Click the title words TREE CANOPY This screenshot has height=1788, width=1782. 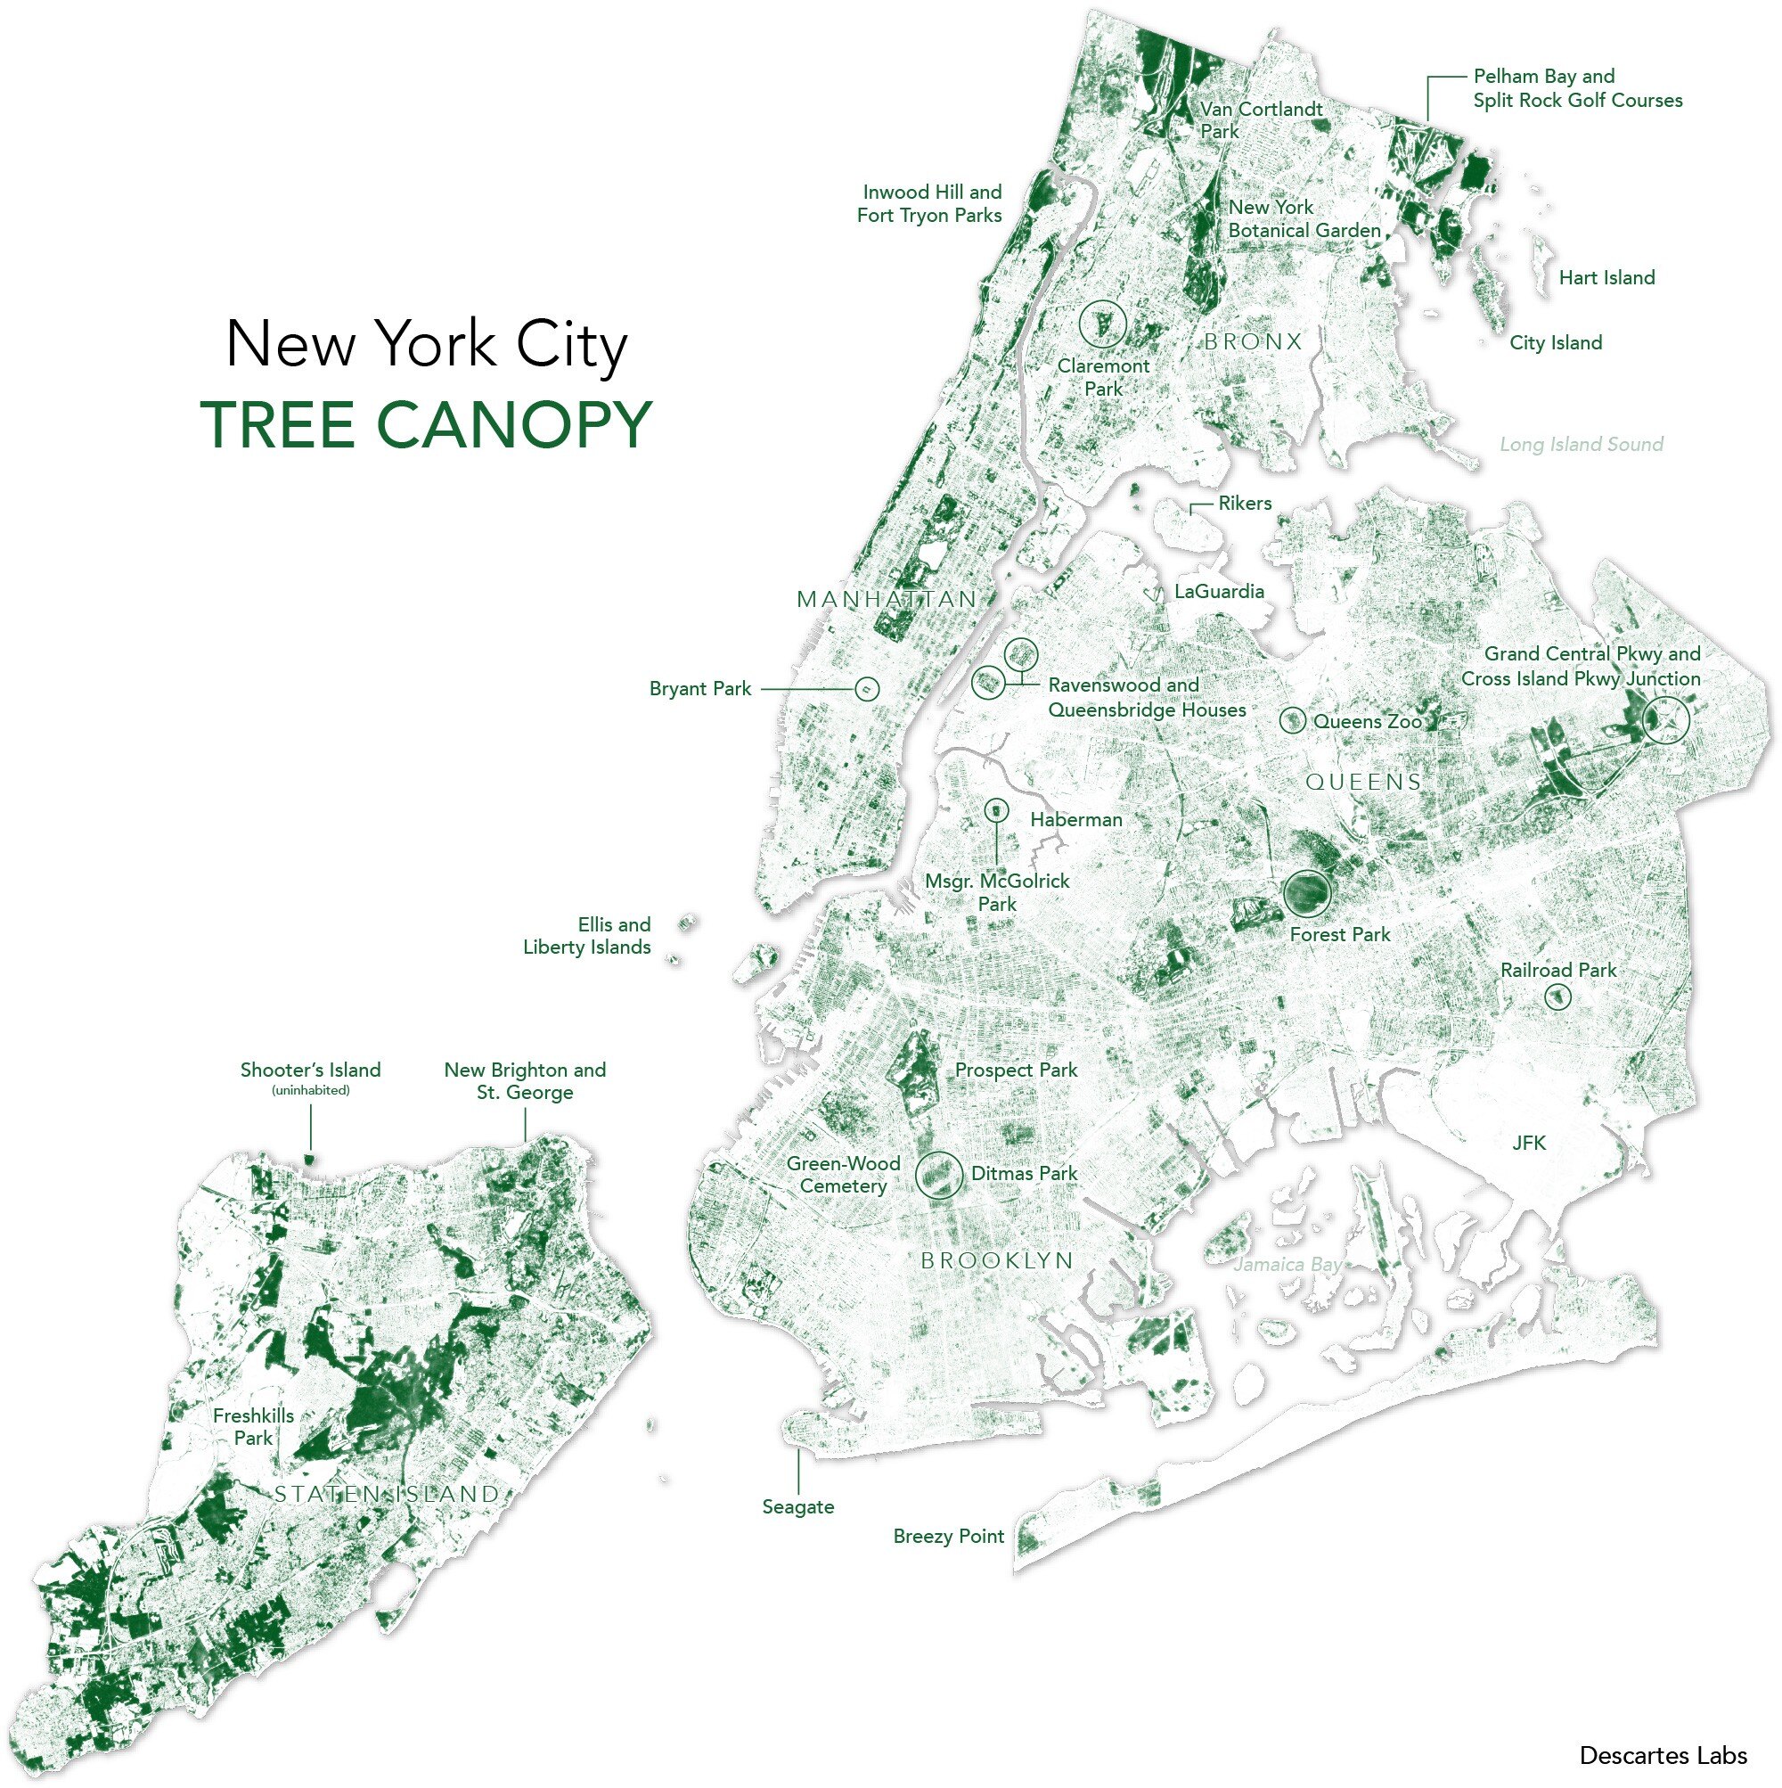click(427, 425)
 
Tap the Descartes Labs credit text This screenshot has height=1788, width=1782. click(1663, 1755)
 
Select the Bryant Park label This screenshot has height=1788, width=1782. click(699, 688)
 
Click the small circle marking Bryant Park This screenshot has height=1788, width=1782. click(866, 688)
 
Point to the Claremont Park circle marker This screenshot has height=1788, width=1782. click(1102, 324)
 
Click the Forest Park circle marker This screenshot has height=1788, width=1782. click(1307, 893)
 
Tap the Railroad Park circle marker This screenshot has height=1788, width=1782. click(1558, 997)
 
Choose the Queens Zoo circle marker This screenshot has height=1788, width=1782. click(1293, 720)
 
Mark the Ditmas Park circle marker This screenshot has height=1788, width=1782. click(938, 1176)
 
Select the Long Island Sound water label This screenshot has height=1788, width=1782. click(1581, 444)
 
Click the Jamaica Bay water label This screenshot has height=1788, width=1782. click(1287, 1264)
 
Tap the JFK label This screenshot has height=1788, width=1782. click(1528, 1143)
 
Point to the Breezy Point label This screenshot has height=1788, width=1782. click(948, 1537)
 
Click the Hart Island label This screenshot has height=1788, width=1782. click(1606, 277)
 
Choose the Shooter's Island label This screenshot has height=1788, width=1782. click(310, 1070)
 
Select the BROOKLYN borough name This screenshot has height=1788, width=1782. click(996, 1260)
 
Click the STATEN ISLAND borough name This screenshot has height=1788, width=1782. click(387, 1494)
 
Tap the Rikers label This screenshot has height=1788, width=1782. click(1245, 504)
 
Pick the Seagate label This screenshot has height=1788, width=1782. click(797, 1506)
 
